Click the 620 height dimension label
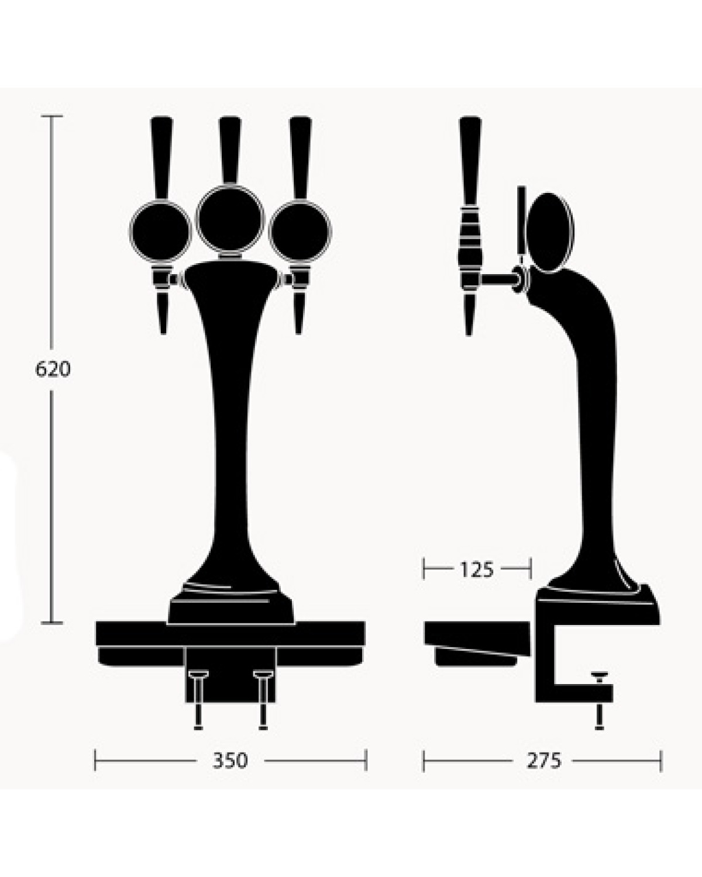pyautogui.click(x=53, y=370)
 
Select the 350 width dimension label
pyautogui.click(x=230, y=761)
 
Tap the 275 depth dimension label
pyautogui.click(x=544, y=761)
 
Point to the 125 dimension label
pyautogui.click(x=477, y=569)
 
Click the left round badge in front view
pyautogui.click(x=160, y=231)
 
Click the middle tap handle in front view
pyautogui.click(x=229, y=149)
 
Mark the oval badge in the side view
pyautogui.click(x=550, y=232)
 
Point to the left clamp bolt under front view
pyautogui.click(x=198, y=699)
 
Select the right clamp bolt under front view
pyautogui.click(x=263, y=699)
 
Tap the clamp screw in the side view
pyautogui.click(x=599, y=702)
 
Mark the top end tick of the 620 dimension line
pyautogui.click(x=52, y=117)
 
